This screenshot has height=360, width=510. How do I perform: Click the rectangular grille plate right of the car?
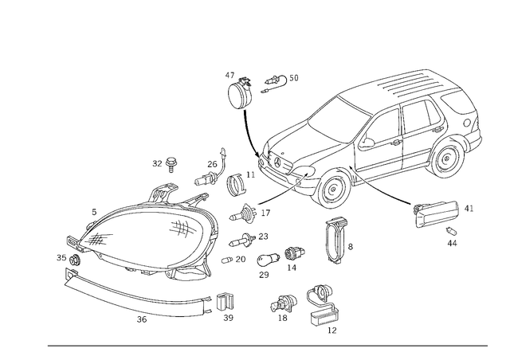click(x=437, y=213)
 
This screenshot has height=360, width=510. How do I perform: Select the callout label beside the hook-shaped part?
click(x=281, y=79)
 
